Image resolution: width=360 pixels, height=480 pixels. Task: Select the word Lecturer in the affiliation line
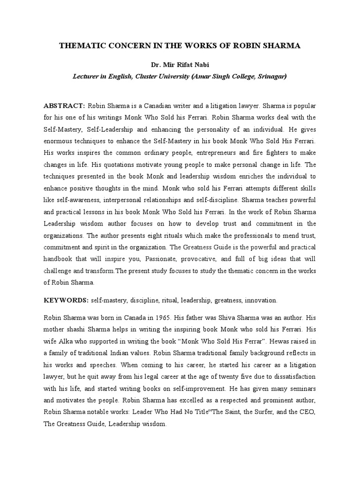point(86,75)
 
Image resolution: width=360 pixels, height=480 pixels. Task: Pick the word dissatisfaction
point(291,376)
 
